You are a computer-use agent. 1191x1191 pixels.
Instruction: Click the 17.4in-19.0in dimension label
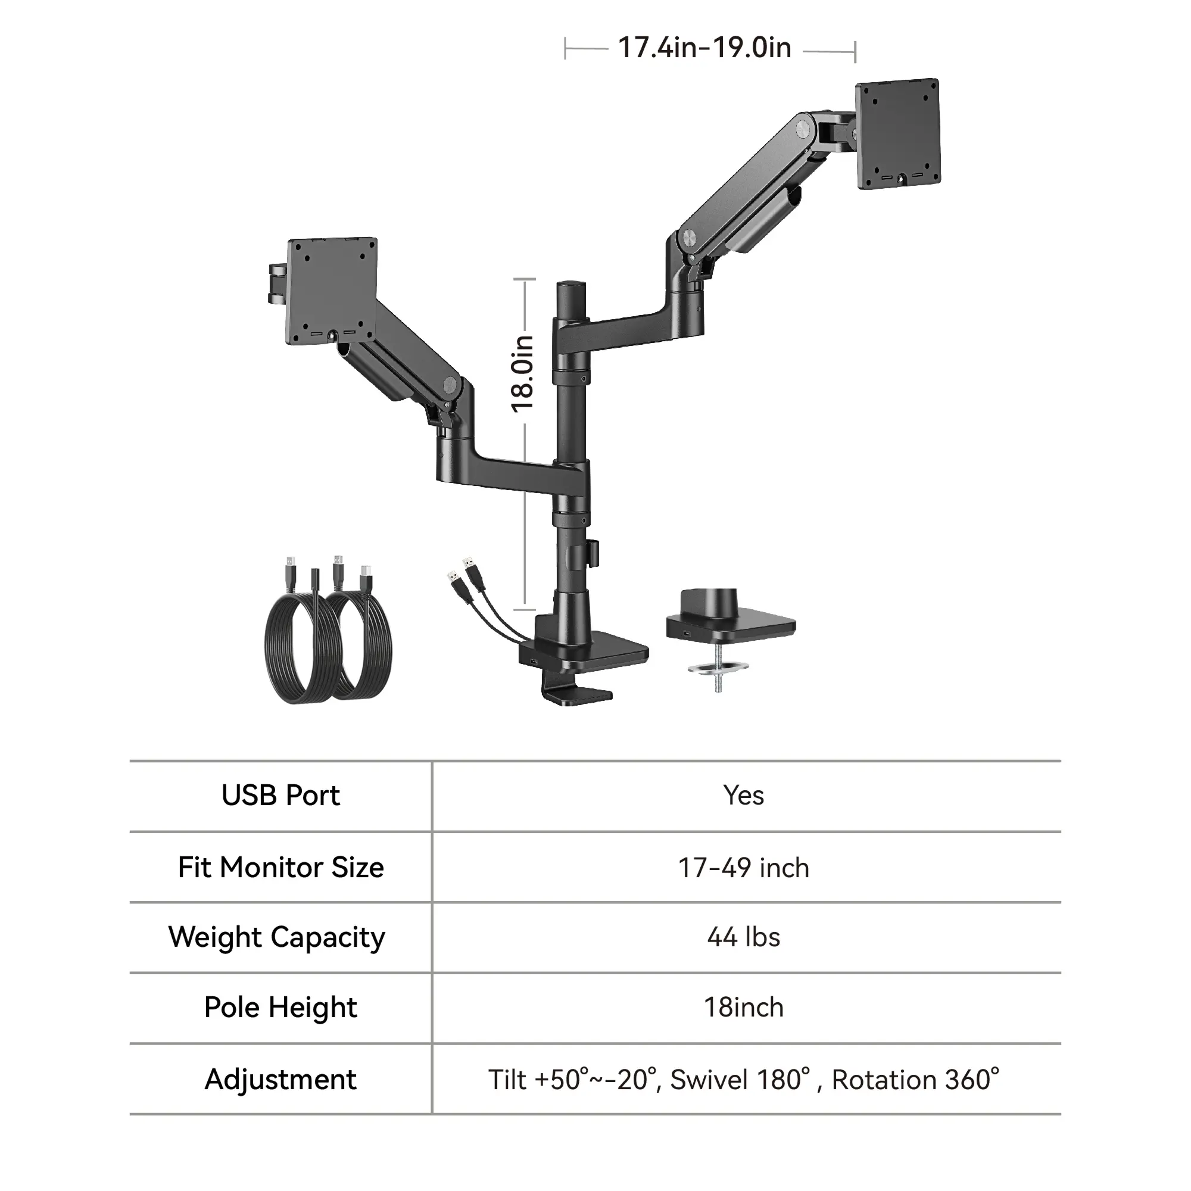(x=704, y=48)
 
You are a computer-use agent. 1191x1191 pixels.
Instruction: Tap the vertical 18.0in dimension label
(x=522, y=373)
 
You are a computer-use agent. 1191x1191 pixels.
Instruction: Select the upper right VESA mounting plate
(x=897, y=133)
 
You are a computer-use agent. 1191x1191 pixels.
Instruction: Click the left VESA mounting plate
(x=332, y=291)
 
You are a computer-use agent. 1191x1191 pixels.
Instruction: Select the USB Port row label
(x=280, y=795)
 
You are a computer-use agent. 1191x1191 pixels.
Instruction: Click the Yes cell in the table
(x=743, y=795)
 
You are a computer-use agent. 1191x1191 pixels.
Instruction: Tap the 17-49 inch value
(x=743, y=868)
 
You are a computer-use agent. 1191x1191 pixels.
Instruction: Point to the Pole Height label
(x=280, y=1008)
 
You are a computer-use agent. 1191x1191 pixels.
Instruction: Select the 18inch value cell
(x=743, y=1008)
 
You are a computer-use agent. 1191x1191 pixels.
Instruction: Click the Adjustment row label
(x=280, y=1080)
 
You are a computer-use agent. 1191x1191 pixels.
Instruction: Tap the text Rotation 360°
(x=915, y=1080)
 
